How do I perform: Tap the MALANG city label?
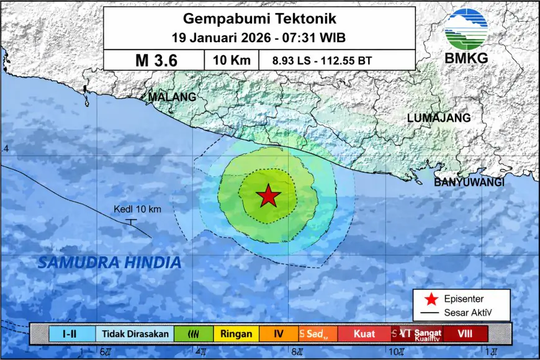point(172,97)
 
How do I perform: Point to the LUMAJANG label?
point(439,118)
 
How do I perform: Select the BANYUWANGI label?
point(469,182)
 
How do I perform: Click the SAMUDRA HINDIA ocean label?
point(110,263)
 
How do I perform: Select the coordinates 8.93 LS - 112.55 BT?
point(322,61)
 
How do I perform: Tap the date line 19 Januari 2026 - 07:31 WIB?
point(259,37)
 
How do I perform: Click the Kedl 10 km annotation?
point(137,209)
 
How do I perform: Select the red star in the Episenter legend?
point(423,299)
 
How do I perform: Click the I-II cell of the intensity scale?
point(72,334)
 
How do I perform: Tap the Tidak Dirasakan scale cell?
point(135,334)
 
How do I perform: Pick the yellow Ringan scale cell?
point(236,334)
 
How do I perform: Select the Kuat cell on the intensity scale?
point(364,334)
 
